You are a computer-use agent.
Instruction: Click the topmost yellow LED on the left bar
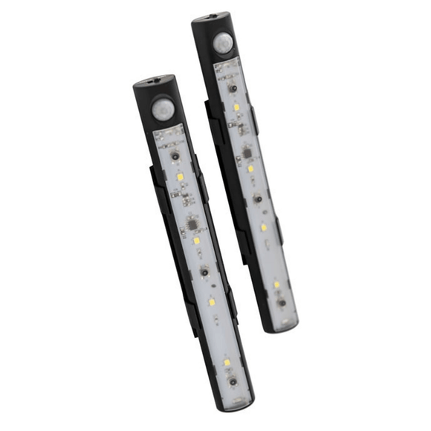(180, 177)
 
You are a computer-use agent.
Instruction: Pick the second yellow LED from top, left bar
(196, 241)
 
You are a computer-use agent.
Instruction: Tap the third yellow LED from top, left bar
(212, 303)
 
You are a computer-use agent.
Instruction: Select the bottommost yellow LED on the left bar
(227, 362)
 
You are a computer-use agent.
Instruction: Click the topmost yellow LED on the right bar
(236, 107)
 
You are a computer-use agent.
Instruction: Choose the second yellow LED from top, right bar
(250, 169)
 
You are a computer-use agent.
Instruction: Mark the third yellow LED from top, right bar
(263, 227)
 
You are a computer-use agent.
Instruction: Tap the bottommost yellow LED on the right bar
(276, 285)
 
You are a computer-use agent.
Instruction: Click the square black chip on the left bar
(190, 222)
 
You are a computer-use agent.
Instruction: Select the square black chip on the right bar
(246, 152)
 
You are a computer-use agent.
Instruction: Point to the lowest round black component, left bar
(233, 381)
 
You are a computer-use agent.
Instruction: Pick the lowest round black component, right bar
(281, 302)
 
